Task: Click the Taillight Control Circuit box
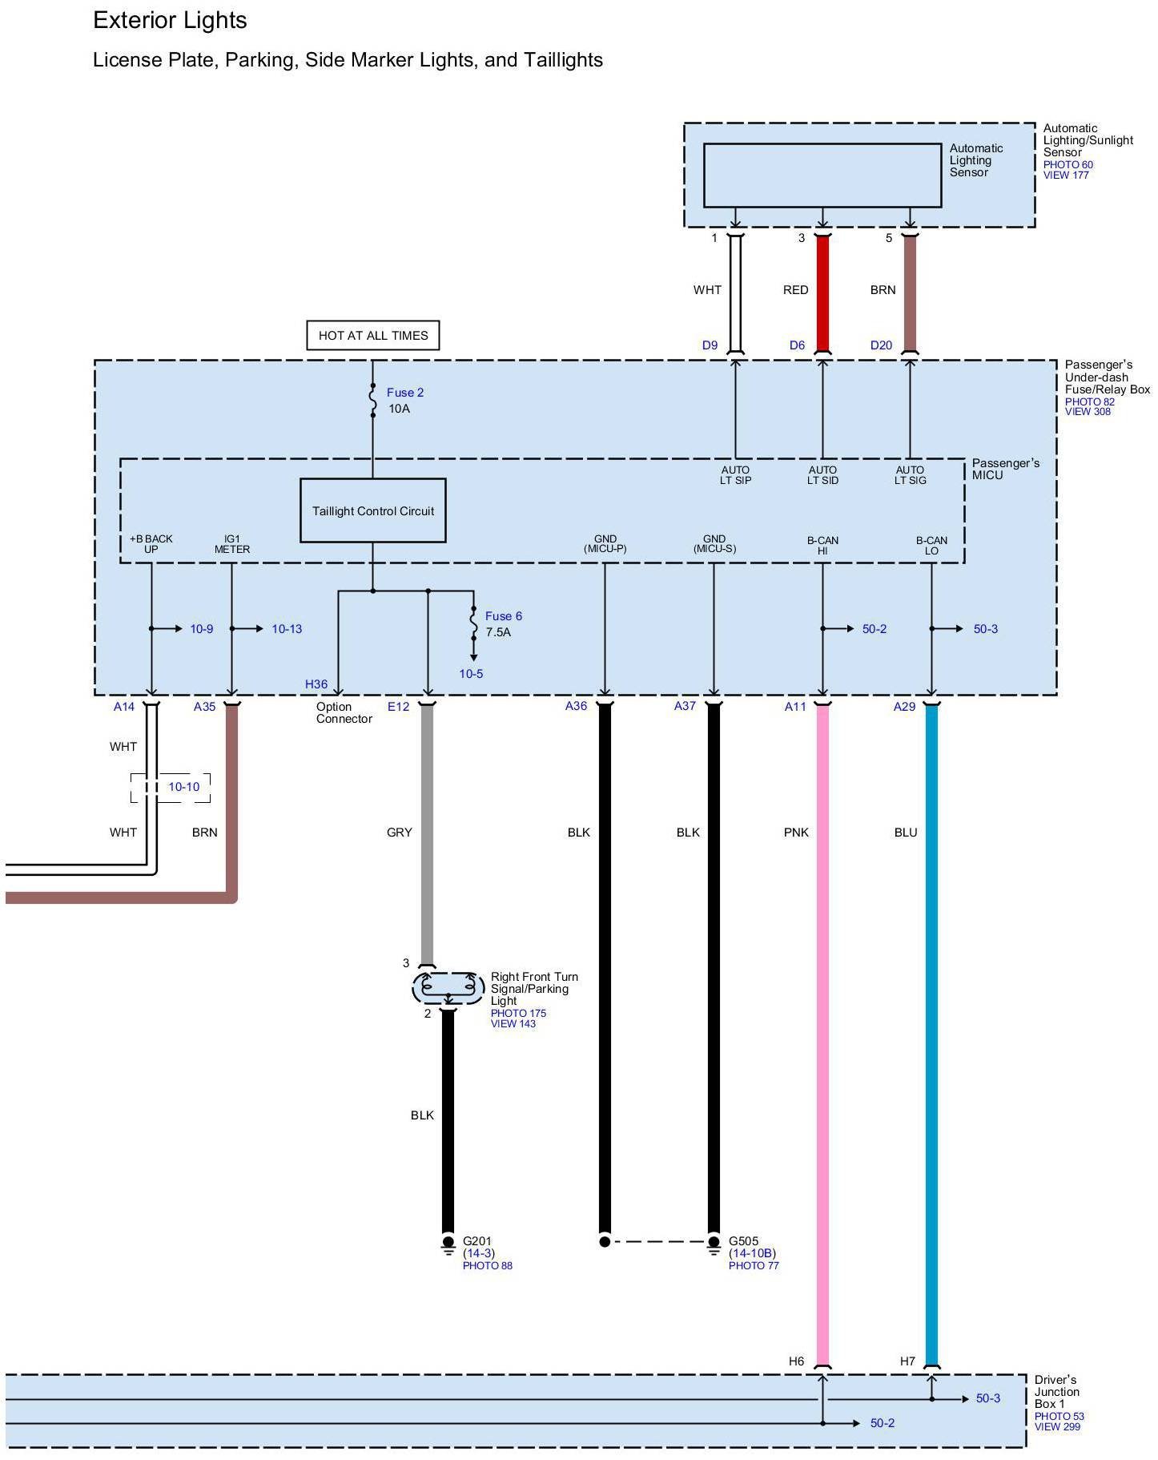372,510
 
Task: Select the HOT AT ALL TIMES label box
373,336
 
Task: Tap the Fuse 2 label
404,393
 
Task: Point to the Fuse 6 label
503,616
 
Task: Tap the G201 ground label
477,1241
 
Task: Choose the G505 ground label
743,1241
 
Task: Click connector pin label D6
797,345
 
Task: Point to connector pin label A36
576,706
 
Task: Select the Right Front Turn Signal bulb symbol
448,988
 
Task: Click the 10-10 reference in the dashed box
183,787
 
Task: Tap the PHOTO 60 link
1068,165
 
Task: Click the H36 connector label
316,684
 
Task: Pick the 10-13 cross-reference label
287,629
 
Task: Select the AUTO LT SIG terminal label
910,475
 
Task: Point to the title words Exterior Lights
170,21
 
